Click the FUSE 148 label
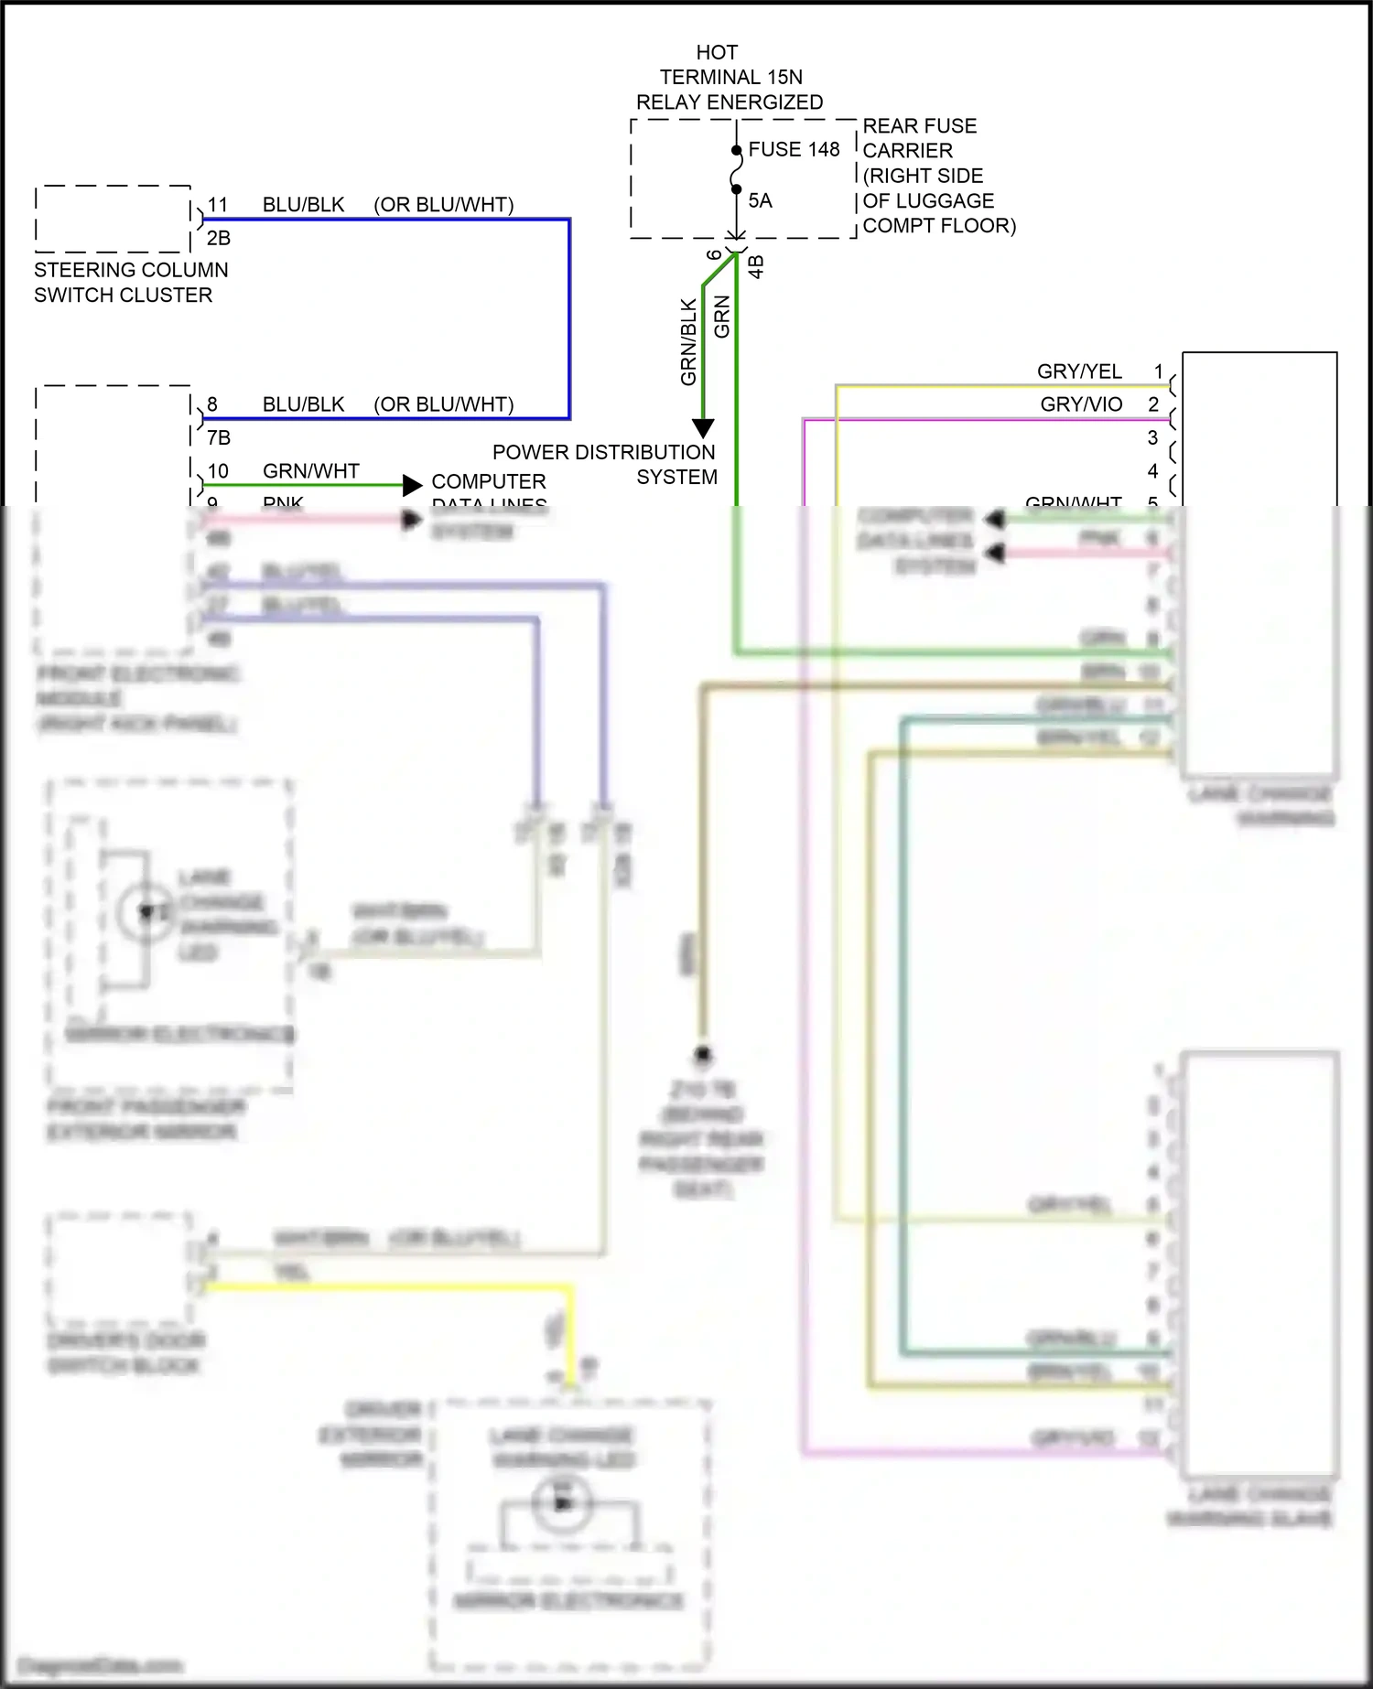click(x=793, y=149)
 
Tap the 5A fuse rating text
click(x=760, y=200)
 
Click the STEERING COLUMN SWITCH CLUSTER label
click(x=130, y=282)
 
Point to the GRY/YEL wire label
click(x=1078, y=371)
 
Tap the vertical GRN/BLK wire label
click(x=689, y=340)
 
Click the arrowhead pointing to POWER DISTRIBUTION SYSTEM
click(x=702, y=428)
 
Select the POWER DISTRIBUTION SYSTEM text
click(x=604, y=464)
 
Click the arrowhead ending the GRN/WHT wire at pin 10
click(x=413, y=484)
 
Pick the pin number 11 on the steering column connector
click(x=217, y=205)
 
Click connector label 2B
click(x=218, y=238)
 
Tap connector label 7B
click(x=218, y=437)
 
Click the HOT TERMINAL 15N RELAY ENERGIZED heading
click(x=729, y=77)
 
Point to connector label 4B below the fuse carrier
click(x=756, y=265)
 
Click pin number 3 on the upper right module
click(x=1152, y=437)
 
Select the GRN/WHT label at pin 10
click(x=310, y=470)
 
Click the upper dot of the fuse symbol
click(x=736, y=150)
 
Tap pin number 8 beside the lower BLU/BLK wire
click(x=212, y=404)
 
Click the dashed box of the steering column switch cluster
click(x=113, y=220)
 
